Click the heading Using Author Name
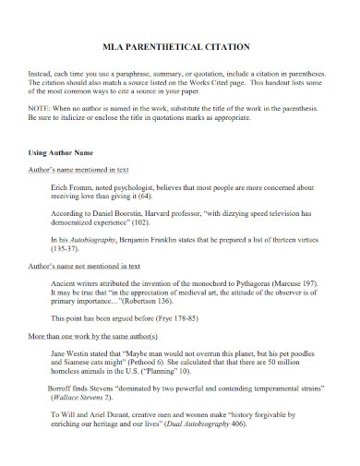point(61,150)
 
